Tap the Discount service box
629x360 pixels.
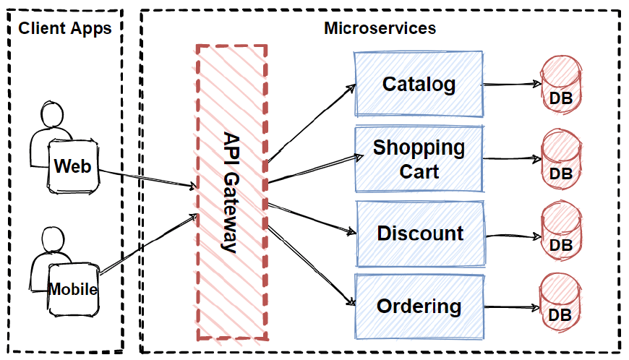[x=419, y=233]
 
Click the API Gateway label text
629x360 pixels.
[x=231, y=192]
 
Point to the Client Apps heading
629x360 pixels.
[x=64, y=29]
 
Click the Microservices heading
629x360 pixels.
[x=380, y=29]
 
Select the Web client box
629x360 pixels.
[x=73, y=166]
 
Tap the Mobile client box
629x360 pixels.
[x=73, y=289]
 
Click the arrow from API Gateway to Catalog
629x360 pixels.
[x=311, y=123]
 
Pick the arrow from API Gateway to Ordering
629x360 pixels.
[x=311, y=265]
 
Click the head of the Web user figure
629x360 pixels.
[x=53, y=115]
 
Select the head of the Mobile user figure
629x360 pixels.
[x=53, y=239]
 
